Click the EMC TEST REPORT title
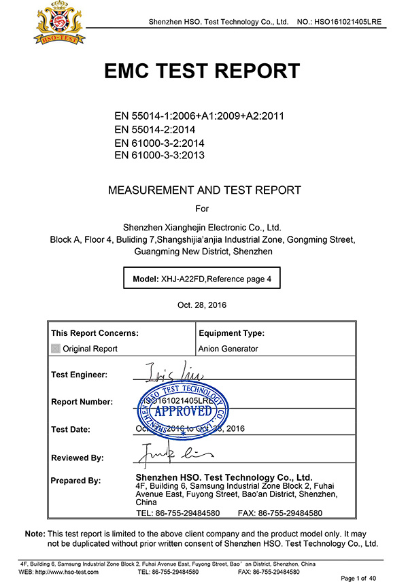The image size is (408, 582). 202,71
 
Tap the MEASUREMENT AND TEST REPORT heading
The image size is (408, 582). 204,190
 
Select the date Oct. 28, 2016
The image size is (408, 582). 202,305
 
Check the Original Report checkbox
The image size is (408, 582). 56,349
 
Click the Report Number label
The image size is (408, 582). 82,402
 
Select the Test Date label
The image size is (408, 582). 75,429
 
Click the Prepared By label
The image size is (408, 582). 76,481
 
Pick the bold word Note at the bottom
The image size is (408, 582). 35,534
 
